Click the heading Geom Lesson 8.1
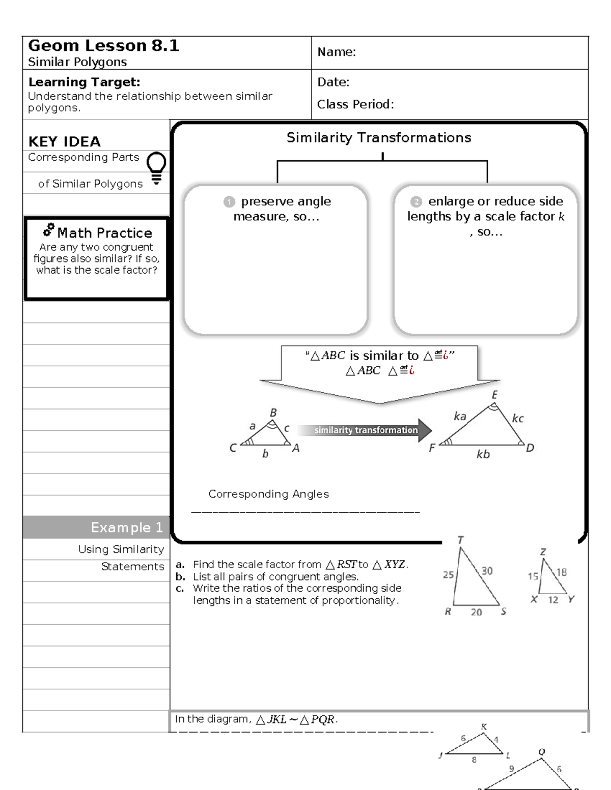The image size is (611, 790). point(103,46)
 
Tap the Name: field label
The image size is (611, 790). point(336,52)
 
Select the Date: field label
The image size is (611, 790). point(333,82)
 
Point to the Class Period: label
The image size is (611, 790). point(355,104)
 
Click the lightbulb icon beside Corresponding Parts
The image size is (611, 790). point(156,167)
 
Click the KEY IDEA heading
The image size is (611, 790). point(64,141)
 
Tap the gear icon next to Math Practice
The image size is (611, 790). point(49,230)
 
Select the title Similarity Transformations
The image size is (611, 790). point(378,137)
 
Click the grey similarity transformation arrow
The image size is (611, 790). point(365,430)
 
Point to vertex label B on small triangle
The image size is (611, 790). point(273,413)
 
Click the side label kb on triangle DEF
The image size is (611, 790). point(483,454)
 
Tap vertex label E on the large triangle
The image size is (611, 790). point(494,395)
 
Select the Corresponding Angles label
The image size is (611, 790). point(268,494)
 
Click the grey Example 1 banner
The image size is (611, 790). point(96,528)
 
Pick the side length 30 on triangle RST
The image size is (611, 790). point(487,571)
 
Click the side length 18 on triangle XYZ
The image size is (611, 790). point(561,572)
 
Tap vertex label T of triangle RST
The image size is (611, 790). point(460,540)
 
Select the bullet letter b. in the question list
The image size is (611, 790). point(180,577)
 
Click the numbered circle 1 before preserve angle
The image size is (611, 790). point(229,202)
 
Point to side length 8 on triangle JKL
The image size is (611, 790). point(474,760)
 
